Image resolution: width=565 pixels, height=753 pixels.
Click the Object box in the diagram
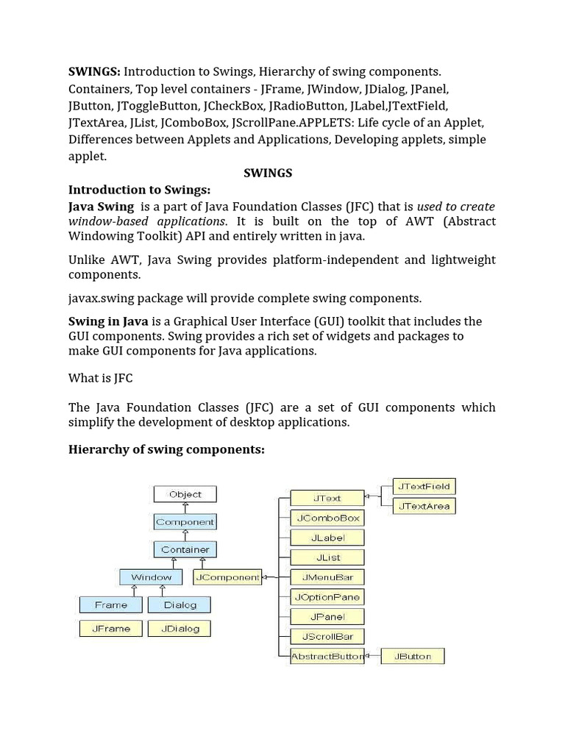coord(185,495)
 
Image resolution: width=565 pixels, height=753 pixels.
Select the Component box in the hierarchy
coord(185,522)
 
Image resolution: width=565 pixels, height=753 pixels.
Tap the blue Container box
coord(185,549)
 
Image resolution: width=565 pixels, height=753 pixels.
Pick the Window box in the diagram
coord(151,577)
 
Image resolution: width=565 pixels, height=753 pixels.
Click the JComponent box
coord(227,577)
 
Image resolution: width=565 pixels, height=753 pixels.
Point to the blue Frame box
coord(110,604)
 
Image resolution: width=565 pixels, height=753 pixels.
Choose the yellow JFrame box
coord(110,629)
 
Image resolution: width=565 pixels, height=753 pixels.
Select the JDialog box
coord(180,629)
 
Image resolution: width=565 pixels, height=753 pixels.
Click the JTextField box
coord(423,486)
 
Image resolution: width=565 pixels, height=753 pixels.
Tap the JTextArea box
coord(423,506)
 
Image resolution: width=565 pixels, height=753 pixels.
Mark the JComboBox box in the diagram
coord(327,518)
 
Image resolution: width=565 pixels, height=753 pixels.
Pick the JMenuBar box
coord(327,577)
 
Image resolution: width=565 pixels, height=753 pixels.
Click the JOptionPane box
coord(327,597)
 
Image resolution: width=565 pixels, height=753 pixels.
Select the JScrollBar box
coord(327,636)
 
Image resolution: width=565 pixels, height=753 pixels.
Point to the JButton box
coord(413,656)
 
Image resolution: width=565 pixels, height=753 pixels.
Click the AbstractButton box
coord(327,656)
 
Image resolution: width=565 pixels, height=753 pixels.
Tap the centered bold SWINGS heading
coord(268,173)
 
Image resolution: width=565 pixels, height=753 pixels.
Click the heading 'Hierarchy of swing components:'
coord(166,449)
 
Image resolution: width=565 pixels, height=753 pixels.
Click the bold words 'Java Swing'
coord(101,207)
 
